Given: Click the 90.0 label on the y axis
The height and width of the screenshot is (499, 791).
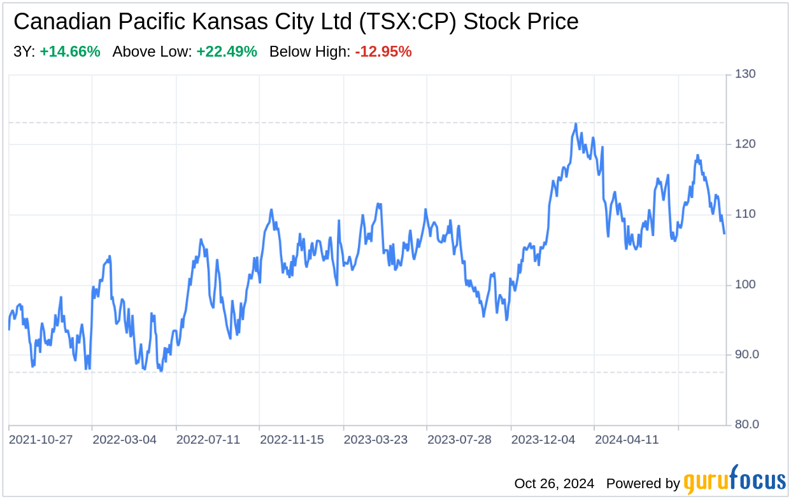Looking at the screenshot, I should (x=746, y=355).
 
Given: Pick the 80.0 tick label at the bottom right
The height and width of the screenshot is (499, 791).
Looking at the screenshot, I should (x=746, y=425).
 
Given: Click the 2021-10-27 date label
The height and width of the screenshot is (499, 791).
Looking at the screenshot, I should (x=40, y=440).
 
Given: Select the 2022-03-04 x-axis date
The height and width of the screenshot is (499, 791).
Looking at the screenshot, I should (x=124, y=440).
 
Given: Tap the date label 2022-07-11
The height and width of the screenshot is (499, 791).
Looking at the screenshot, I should (x=208, y=440).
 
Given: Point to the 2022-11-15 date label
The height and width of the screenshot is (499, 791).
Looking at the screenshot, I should (x=292, y=440).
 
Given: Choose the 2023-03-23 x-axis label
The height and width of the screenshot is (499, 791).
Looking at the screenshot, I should (x=376, y=440).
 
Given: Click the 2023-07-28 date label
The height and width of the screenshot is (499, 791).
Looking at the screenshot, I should (x=460, y=440).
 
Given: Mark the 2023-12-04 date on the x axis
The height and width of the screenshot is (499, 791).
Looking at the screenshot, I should (x=543, y=440).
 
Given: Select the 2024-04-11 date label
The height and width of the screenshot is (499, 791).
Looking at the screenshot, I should (x=627, y=440).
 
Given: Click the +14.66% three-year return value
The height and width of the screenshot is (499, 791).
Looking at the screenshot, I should (x=70, y=52).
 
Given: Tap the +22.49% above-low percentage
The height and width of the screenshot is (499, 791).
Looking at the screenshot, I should (x=227, y=52).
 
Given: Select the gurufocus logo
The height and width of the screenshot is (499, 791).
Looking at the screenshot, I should (x=735, y=481).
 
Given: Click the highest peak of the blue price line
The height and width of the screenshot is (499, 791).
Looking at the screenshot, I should (x=575, y=124).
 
